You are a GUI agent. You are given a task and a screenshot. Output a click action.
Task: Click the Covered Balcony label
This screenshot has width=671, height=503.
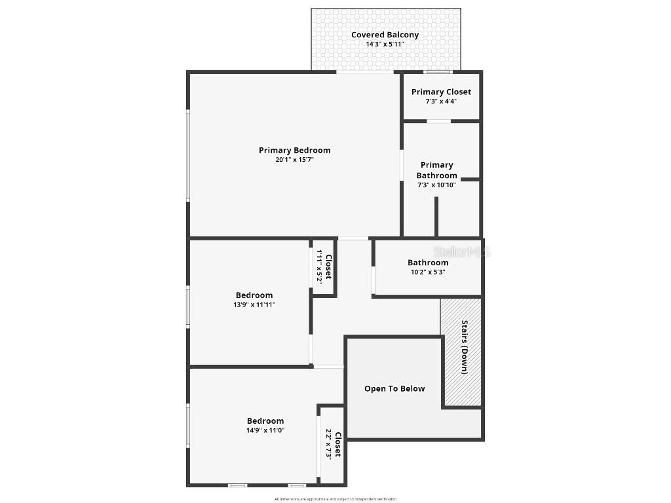pos(385,35)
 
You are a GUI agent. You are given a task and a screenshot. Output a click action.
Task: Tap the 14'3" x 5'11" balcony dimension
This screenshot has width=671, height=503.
pos(385,45)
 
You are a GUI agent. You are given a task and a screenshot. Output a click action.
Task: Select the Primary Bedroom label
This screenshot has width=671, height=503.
pos(294,150)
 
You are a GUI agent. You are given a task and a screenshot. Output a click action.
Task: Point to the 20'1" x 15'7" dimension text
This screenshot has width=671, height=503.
pos(294,160)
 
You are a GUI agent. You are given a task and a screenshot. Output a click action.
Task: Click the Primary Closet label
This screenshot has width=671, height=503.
pos(441,92)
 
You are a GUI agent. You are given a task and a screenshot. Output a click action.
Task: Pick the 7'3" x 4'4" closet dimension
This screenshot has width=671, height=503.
pos(441,102)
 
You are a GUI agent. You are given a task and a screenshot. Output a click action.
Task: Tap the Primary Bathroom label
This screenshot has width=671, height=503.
pos(436,170)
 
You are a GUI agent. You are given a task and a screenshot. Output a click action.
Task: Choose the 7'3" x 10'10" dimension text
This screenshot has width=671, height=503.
pos(436,185)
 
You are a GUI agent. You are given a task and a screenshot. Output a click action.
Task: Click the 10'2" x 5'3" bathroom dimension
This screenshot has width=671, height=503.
pos(428,272)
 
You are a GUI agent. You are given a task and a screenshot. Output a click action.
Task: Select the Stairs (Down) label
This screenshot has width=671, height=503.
pos(464,346)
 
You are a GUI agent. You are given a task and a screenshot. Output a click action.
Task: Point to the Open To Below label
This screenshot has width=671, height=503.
pos(394,388)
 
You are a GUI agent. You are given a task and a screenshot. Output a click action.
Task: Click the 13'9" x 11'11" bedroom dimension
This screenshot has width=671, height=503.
pos(254,305)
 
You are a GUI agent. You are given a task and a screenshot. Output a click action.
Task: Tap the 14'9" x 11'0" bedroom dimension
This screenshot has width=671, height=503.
pos(265,430)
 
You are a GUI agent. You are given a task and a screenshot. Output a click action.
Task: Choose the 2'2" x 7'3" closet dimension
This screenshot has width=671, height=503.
pos(328,443)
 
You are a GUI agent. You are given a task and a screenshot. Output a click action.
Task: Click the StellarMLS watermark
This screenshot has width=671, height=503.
pos(462,251)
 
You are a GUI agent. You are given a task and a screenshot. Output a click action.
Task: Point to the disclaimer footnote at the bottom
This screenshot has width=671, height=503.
pos(335,499)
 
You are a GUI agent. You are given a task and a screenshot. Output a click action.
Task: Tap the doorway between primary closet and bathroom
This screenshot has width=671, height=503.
pos(438,121)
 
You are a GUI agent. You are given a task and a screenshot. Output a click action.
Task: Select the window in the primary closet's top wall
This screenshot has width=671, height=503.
pos(437,71)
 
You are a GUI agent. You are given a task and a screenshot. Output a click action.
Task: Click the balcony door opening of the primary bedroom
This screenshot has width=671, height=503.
pos(365,72)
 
